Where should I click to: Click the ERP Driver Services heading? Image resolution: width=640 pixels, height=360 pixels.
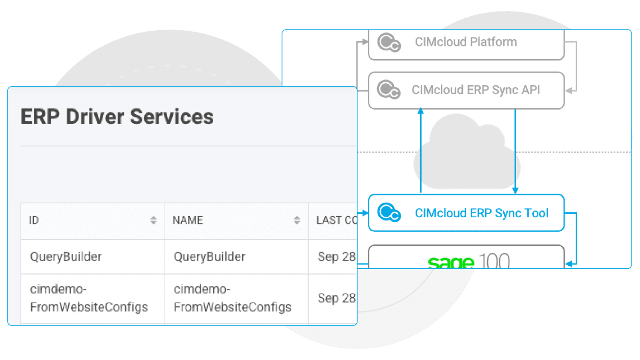pos(117,117)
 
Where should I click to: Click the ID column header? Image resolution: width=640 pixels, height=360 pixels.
pos(34,221)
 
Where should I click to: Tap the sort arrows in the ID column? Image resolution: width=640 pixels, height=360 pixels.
pos(153,220)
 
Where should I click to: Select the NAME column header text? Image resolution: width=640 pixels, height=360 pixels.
pos(188,221)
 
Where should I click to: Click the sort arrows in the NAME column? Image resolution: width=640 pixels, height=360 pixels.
pos(297,220)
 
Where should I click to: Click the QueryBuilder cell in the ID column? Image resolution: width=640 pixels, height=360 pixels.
pos(66,257)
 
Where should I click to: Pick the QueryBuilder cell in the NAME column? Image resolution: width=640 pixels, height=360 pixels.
pos(209,257)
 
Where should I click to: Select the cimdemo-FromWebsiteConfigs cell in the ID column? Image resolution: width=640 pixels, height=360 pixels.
pos(89,298)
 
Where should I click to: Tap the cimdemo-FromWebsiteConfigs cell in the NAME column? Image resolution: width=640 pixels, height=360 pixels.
pos(233,298)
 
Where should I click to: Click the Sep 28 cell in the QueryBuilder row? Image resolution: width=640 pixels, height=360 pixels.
pos(336,257)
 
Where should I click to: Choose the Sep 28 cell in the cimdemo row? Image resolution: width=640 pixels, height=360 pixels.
pos(336,298)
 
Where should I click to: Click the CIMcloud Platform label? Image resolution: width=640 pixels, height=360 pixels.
pos(465,42)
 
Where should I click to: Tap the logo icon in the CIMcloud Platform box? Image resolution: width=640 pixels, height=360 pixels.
pos(389,43)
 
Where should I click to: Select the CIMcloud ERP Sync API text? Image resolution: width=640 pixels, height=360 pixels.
pos(476,90)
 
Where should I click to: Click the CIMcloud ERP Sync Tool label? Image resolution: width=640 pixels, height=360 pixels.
pos(481,213)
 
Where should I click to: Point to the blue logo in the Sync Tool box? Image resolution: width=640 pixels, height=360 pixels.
pos(389,212)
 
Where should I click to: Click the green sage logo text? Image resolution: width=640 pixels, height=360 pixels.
pos(451,262)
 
